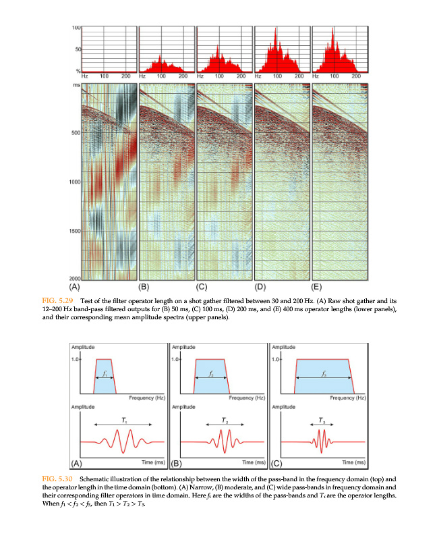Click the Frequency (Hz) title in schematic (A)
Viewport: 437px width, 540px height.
147,398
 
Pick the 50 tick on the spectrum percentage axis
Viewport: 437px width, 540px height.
78,49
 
